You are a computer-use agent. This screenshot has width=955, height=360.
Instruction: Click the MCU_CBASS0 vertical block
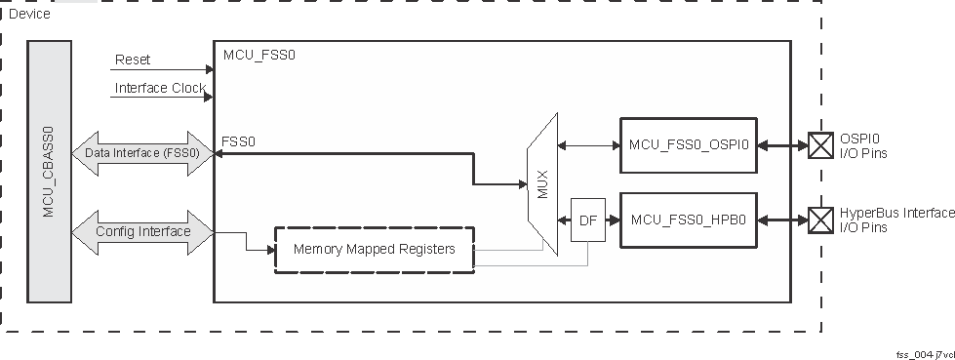tap(49, 172)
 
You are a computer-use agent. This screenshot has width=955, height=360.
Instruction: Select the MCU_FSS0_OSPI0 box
tap(689, 145)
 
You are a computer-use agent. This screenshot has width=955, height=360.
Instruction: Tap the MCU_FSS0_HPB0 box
tap(689, 220)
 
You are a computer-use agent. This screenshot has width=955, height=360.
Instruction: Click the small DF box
tap(587, 220)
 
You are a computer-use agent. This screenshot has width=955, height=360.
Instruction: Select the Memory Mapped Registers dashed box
tap(375, 250)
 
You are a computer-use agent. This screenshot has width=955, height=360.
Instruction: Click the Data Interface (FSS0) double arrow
tap(142, 153)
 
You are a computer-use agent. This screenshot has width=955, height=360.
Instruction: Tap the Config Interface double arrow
tap(142, 232)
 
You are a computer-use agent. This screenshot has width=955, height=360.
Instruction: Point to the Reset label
tap(133, 60)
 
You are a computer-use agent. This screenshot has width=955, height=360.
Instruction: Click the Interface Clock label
tap(160, 88)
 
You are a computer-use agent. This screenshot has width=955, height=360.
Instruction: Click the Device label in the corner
tap(29, 14)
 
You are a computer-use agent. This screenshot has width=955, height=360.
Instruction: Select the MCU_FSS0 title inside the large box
tap(259, 55)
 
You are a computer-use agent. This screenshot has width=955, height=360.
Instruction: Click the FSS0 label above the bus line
tap(239, 141)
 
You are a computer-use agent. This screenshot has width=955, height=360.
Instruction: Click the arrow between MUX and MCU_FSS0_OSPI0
tap(588, 145)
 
